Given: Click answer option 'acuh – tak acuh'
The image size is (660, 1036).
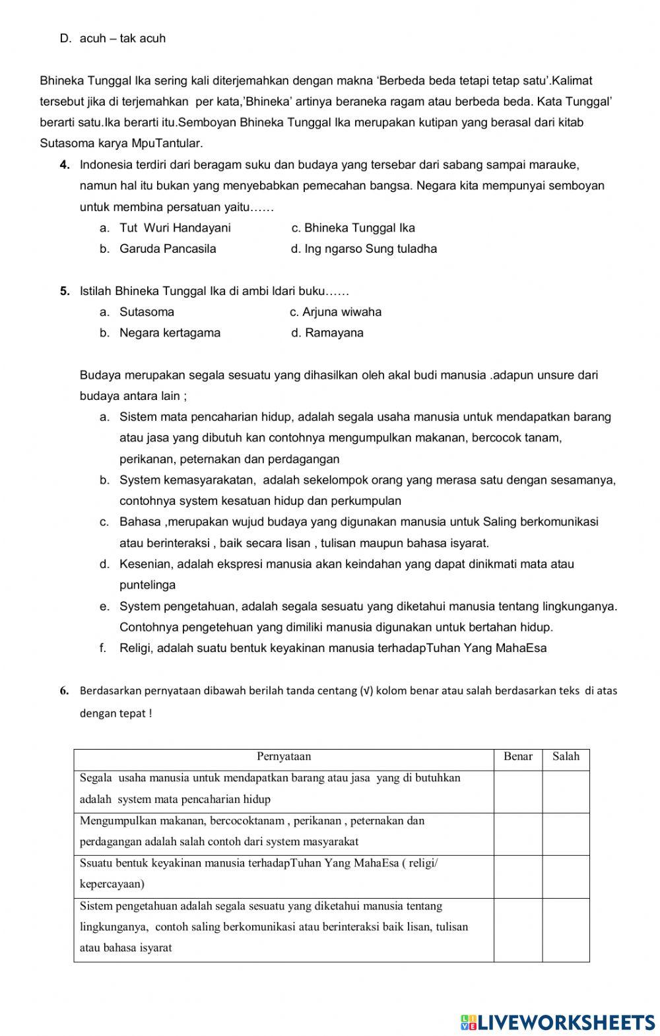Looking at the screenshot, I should point(122,38).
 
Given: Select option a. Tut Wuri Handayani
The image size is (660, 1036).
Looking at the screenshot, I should point(175,228).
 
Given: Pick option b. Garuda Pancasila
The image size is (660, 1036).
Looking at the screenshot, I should point(167,249).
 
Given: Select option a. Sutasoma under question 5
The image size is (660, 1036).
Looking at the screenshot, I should point(147,312).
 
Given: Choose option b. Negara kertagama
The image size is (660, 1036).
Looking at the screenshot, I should point(170,333).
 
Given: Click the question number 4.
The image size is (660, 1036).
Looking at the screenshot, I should point(65,165).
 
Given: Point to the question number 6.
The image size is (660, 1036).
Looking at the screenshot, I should point(64,692).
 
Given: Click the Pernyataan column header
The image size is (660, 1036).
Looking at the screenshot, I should point(284,757).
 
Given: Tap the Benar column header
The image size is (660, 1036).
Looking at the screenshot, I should point(518,757).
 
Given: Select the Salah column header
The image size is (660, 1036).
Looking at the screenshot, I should point(566,757).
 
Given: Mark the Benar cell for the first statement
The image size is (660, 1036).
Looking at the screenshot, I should point(518,791).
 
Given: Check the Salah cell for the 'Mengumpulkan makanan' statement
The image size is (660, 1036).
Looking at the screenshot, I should point(566,834).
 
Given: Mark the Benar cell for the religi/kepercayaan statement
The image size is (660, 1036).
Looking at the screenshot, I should point(518,876).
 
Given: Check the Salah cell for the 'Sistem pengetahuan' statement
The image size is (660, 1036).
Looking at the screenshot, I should point(566,929).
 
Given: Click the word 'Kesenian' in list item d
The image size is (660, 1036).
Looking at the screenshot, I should point(141,564).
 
